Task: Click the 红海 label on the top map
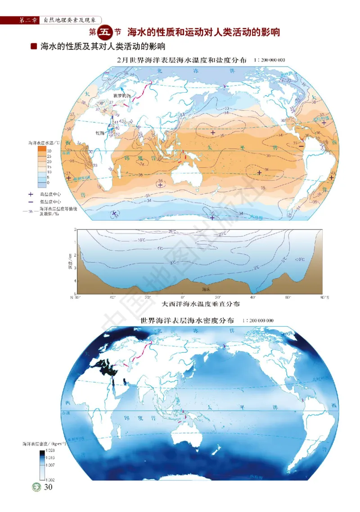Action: (x=99, y=133)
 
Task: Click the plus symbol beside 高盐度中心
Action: (x=31, y=194)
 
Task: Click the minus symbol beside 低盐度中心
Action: (x=31, y=202)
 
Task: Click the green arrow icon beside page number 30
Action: (x=34, y=487)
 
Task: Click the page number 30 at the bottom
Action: (x=49, y=487)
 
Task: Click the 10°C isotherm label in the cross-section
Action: (x=141, y=240)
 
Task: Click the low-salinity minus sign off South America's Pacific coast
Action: (x=301, y=145)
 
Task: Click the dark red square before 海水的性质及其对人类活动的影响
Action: (x=33, y=46)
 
